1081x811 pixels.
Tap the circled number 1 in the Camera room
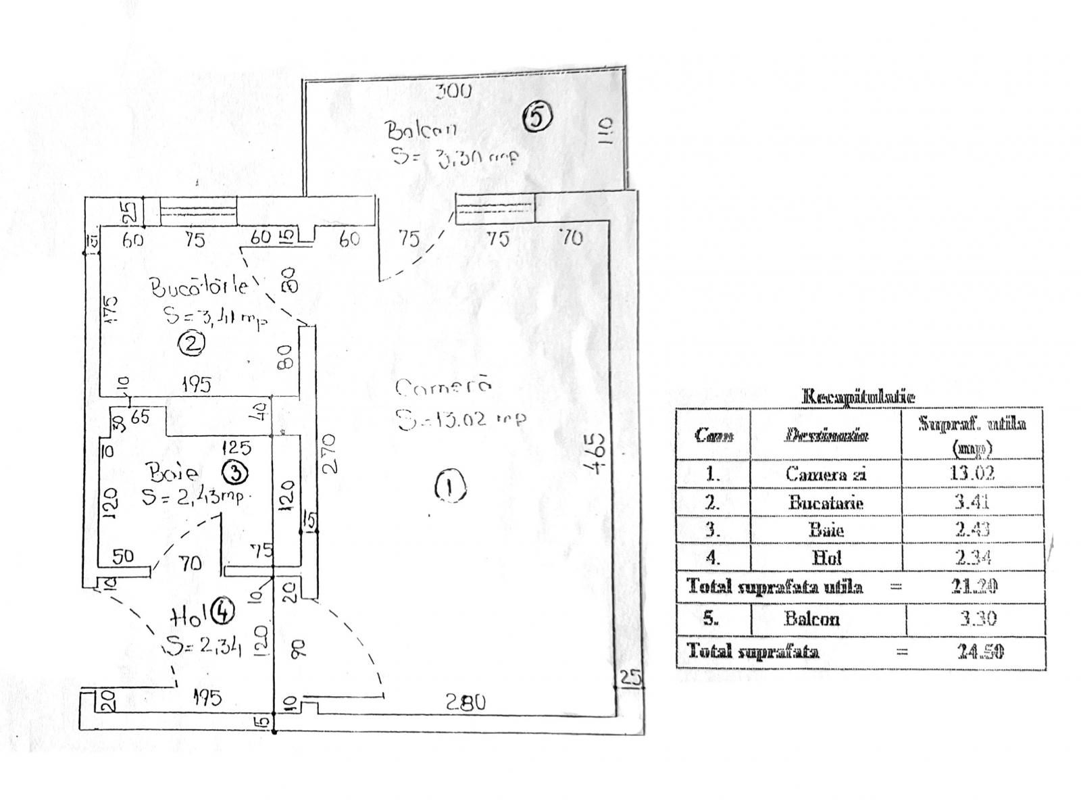point(451,486)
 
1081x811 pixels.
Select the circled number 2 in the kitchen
point(191,344)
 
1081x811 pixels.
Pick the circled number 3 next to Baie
point(236,472)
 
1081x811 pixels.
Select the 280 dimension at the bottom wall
point(466,703)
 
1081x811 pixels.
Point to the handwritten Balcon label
point(420,130)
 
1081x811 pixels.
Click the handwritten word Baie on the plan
point(174,471)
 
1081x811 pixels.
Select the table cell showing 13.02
point(972,473)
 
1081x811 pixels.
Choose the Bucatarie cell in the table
point(826,503)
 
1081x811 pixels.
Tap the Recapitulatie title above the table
point(858,397)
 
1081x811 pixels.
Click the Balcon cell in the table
point(811,618)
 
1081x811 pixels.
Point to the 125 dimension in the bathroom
point(236,447)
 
